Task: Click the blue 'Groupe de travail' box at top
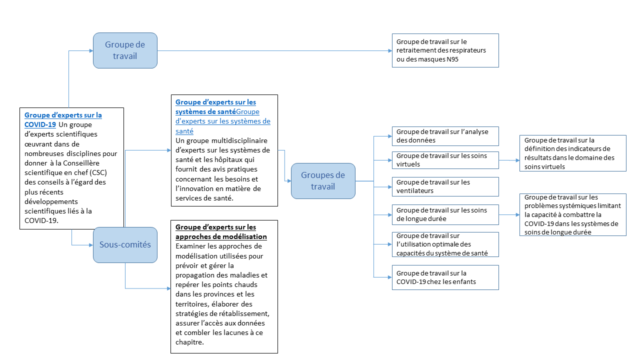(125, 50)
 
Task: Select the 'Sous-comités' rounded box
(125, 244)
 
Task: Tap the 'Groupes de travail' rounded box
(323, 181)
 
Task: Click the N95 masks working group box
(445, 50)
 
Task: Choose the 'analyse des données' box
(445, 136)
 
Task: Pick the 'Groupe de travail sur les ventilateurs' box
(445, 186)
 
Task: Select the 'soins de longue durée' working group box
(445, 214)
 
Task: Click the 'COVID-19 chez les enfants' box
(445, 277)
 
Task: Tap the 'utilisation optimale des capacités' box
(445, 244)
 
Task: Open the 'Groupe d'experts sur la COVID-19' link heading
(63, 119)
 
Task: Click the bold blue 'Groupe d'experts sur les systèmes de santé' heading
(215, 106)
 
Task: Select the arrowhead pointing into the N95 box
(389, 50)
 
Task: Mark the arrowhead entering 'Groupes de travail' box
(288, 181)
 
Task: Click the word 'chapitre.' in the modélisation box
(190, 342)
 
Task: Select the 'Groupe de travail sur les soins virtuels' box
(445, 160)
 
